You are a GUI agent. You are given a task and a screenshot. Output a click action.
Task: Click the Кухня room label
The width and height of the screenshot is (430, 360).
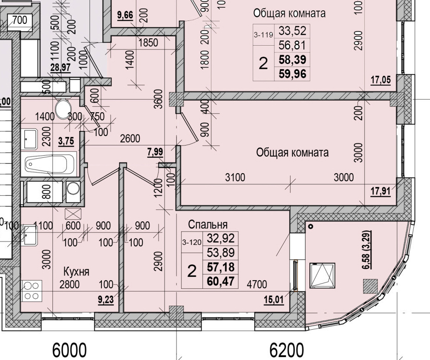click(x=76, y=272)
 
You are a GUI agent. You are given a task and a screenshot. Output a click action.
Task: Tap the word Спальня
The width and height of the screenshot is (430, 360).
click(x=208, y=225)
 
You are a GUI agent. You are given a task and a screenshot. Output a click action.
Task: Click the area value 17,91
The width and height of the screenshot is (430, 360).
click(x=381, y=191)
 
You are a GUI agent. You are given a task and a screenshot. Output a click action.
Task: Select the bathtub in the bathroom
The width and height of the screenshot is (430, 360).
click(x=50, y=163)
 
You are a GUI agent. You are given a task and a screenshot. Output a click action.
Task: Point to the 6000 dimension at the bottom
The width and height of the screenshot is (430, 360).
click(x=69, y=350)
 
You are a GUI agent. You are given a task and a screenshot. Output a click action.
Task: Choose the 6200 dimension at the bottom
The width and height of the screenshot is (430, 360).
click(x=287, y=350)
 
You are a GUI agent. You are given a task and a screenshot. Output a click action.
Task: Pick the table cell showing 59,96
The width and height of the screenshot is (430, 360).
click(x=292, y=74)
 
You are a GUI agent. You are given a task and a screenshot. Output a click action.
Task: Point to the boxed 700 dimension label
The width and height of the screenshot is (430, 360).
click(x=19, y=20)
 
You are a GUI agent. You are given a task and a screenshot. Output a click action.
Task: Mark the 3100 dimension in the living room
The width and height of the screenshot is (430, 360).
click(x=235, y=177)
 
